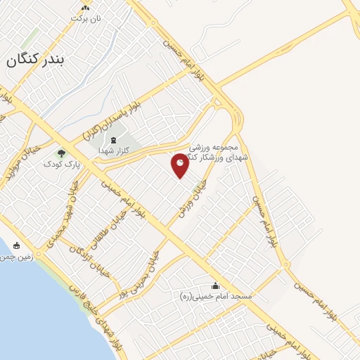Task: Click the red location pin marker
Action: pyautogui.click(x=181, y=165)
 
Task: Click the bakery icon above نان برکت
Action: pyautogui.click(x=85, y=7)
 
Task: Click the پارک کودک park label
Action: pyautogui.click(x=58, y=164)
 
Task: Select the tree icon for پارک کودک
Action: pyautogui.click(x=61, y=153)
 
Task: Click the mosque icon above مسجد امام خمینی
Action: pyautogui.click(x=215, y=285)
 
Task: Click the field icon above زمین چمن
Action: pyautogui.click(x=17, y=246)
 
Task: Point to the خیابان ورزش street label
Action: pyautogui.click(x=193, y=197)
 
